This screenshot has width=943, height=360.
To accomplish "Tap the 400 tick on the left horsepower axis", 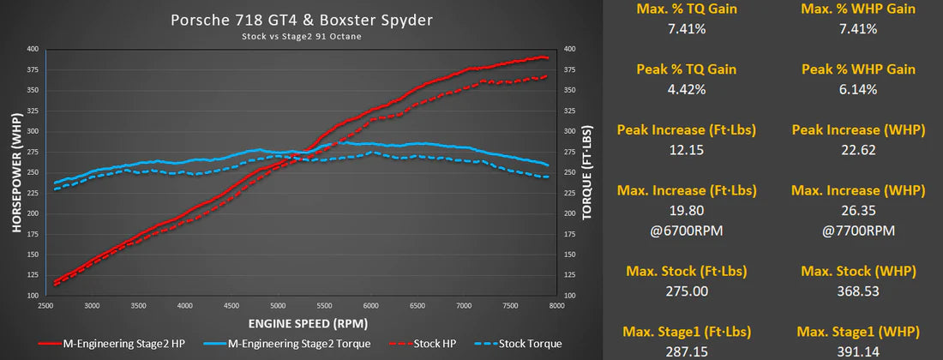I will click(x=33, y=50).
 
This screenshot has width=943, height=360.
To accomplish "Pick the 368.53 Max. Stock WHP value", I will click(x=859, y=291).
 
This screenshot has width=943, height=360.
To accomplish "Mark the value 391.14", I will click(x=859, y=351).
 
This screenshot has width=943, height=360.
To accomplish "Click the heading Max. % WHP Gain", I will click(x=859, y=9).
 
